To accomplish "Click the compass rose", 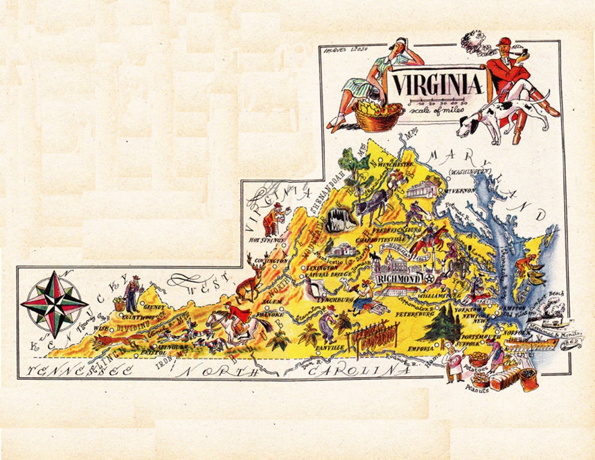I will [54, 304].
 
